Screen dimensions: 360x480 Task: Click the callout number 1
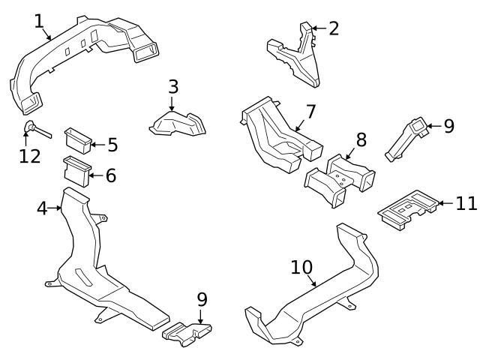click(x=39, y=21)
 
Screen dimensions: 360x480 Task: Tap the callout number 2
click(x=334, y=28)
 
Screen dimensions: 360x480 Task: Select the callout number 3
click(x=173, y=86)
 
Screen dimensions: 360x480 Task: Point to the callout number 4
click(x=42, y=208)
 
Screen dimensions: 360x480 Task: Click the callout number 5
click(x=112, y=145)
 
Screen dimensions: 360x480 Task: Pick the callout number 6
click(x=110, y=176)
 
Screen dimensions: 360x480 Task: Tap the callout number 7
click(x=310, y=112)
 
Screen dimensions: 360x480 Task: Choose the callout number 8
click(x=361, y=139)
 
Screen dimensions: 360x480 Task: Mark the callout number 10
click(x=301, y=267)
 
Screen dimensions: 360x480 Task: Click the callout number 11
click(x=466, y=202)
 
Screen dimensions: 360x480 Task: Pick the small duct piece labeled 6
click(x=75, y=169)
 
